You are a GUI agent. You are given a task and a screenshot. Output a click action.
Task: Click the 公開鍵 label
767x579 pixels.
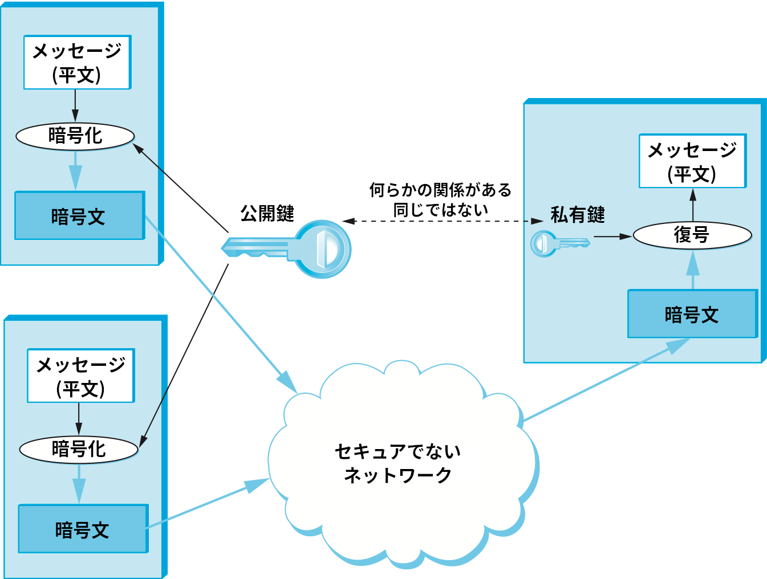267,214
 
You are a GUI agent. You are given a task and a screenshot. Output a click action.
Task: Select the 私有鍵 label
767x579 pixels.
577,215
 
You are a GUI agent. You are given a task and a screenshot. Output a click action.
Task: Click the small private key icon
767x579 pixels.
559,244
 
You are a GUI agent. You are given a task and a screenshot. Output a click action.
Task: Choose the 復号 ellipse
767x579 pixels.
692,235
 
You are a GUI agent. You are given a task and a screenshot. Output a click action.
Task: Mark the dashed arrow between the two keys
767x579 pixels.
442,221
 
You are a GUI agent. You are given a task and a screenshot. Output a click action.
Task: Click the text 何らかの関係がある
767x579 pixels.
440,190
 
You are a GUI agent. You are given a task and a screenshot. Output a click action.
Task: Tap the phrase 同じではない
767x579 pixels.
440,210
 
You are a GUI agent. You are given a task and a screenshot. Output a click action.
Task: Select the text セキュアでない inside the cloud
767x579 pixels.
397,451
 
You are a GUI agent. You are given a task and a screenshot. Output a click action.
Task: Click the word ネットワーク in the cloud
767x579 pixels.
397,475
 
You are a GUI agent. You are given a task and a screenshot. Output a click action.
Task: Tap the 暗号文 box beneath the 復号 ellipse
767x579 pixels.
692,314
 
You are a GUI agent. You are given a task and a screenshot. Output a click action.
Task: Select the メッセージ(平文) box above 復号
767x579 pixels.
692,161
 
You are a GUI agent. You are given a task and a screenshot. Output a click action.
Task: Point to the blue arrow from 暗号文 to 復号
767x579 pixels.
693,270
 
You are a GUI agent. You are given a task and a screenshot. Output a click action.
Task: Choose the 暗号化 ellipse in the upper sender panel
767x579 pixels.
75,136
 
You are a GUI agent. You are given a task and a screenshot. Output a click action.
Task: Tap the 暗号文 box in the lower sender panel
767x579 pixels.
83,529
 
